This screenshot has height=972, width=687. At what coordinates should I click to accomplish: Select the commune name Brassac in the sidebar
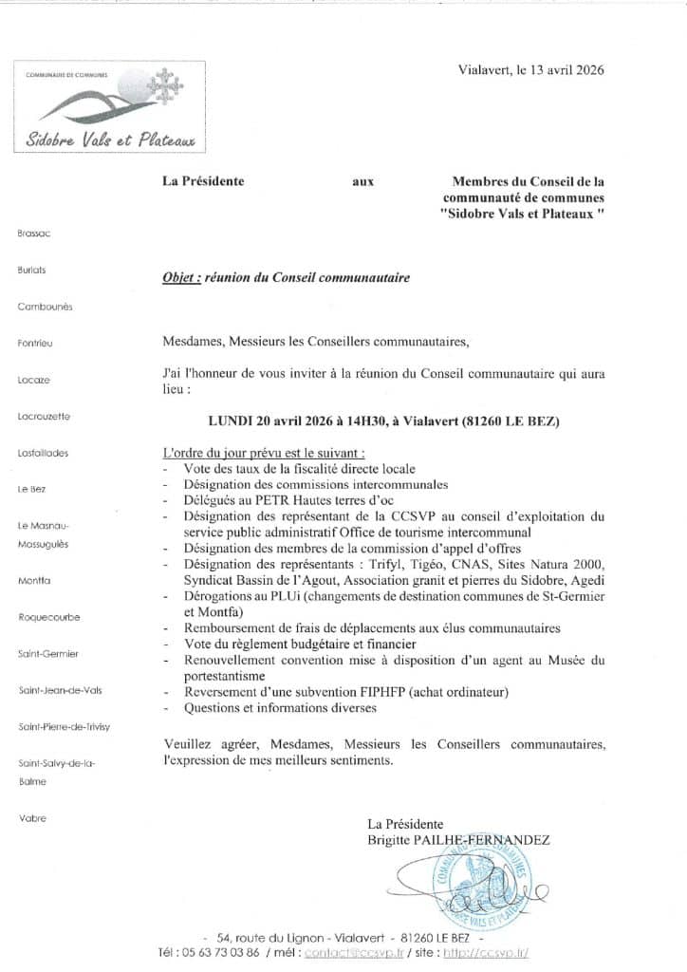[33, 234]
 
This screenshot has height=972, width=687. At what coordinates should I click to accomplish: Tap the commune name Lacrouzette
[44, 416]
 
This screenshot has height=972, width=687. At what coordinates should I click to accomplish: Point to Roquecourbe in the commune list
[49, 617]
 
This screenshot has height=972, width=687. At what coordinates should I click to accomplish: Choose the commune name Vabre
[31, 817]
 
